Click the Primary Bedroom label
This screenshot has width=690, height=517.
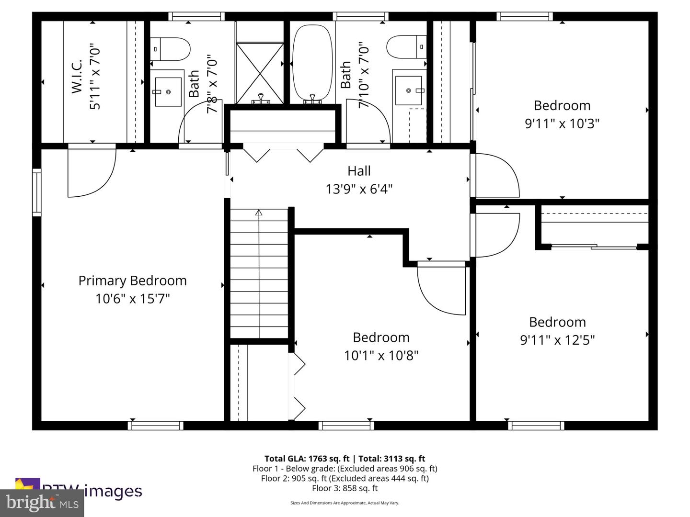click(132, 281)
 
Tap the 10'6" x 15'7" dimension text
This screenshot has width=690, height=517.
click(132, 299)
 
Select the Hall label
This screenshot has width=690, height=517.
click(359, 171)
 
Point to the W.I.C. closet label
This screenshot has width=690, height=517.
click(77, 77)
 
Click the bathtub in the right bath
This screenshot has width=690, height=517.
click(312, 62)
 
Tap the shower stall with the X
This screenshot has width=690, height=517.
click(261, 73)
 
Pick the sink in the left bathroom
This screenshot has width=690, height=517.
click(167, 91)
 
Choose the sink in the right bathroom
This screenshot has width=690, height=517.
click(409, 90)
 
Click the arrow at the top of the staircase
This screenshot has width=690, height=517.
click(259, 213)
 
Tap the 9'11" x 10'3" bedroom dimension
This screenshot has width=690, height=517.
click(562, 124)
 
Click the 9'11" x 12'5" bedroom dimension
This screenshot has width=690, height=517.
click(557, 340)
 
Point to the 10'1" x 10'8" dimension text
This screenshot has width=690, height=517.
click(381, 356)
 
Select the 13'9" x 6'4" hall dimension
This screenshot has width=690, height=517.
click(359, 189)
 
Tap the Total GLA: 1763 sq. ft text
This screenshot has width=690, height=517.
click(307, 459)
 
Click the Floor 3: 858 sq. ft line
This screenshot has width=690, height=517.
click(345, 488)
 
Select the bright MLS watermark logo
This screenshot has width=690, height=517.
click(42, 503)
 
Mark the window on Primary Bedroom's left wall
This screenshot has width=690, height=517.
click(36, 192)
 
